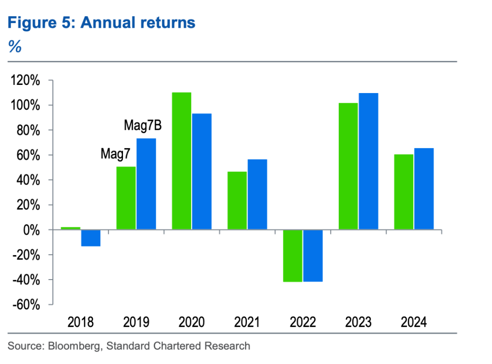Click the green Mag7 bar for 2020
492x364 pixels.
[181, 161]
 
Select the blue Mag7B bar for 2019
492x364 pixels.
[146, 184]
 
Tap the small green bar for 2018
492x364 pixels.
[71, 228]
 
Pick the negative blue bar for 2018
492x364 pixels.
[91, 238]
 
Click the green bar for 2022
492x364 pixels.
[293, 256]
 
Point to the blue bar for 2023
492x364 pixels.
[369, 161]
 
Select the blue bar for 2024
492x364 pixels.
[424, 189]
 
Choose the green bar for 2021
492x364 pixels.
[237, 200]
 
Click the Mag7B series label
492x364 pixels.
[143, 126]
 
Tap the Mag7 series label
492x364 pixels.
[115, 154]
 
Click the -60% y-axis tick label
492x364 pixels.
[25, 305]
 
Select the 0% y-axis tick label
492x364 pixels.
[31, 230]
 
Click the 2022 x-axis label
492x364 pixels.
[302, 321]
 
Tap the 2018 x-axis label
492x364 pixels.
[81, 321]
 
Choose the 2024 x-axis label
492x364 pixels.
[413, 321]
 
